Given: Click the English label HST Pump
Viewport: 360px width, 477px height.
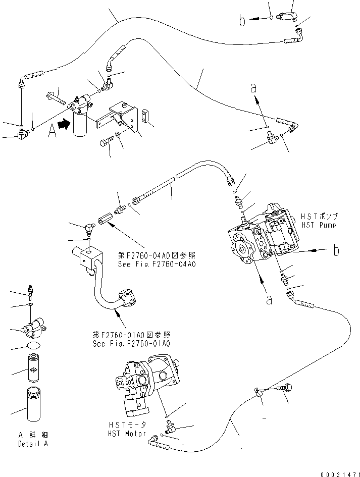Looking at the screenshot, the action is click(x=319, y=225).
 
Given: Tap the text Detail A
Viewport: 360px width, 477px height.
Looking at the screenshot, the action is click(x=33, y=444).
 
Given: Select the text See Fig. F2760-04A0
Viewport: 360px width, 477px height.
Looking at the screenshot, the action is click(x=157, y=264).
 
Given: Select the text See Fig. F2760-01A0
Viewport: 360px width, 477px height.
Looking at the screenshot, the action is click(x=131, y=344).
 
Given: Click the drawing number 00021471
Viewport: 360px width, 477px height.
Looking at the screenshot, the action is click(x=340, y=474).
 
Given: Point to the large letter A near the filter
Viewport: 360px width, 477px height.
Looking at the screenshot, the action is click(x=52, y=131).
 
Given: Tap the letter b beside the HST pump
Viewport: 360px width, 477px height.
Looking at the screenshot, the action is click(x=336, y=250).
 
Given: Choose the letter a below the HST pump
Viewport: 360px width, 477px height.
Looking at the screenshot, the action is click(x=269, y=300).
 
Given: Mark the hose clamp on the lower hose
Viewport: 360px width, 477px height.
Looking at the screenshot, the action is click(x=258, y=392).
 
